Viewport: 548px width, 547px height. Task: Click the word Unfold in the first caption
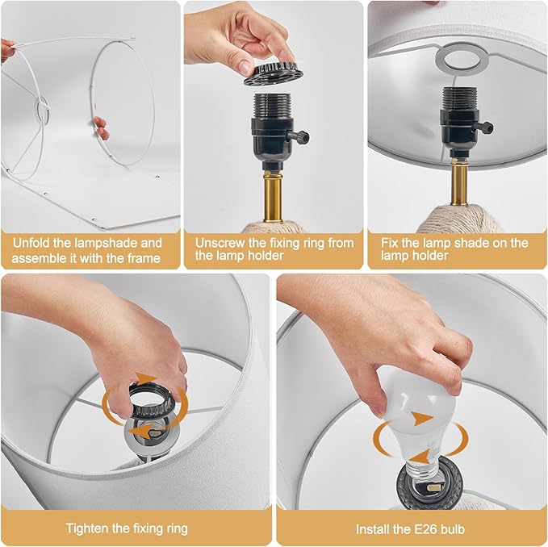point(30,243)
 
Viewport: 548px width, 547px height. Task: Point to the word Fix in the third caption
point(389,243)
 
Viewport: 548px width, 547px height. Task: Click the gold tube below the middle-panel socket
point(273,195)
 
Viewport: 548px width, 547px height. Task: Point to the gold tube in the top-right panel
point(459,182)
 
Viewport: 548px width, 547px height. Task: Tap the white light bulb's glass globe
point(420,405)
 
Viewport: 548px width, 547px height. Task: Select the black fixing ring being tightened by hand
point(152,399)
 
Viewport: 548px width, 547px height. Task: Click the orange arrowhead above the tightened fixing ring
point(146,378)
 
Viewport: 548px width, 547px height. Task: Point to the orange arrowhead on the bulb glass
point(422,418)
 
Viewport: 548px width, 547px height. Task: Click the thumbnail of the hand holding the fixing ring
point(245,66)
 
